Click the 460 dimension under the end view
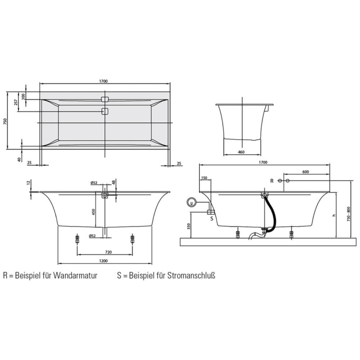tap(241, 152)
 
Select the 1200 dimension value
tap(104, 261)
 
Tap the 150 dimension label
tap(204, 178)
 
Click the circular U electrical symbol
tap(192, 203)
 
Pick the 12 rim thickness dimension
tap(30, 183)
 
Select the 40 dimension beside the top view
tap(20, 159)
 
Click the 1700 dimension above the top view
tap(104, 81)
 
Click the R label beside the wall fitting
tap(272, 181)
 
